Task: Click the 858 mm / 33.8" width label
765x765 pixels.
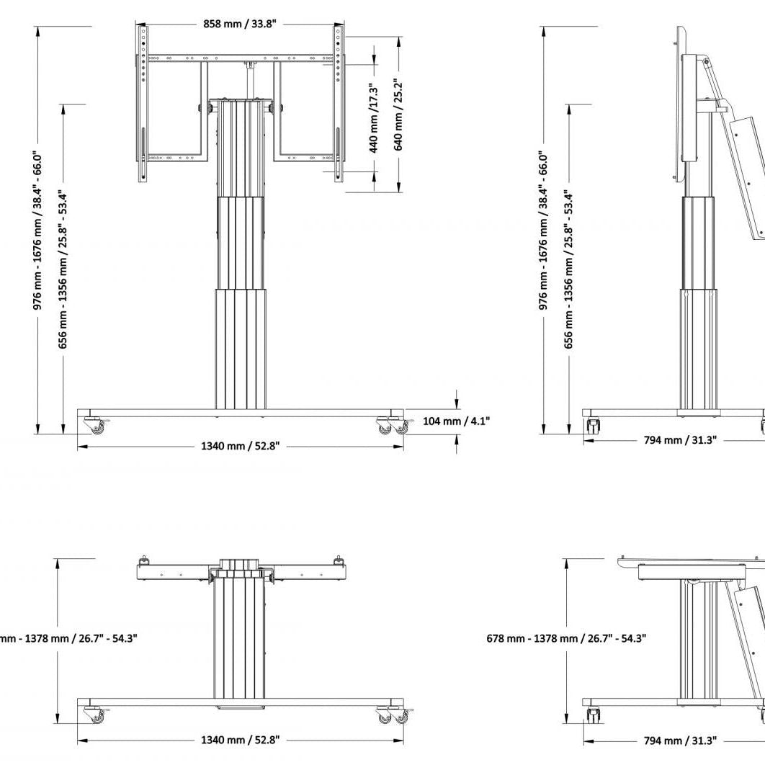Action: (242, 24)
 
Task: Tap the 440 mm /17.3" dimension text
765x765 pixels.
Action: (374, 119)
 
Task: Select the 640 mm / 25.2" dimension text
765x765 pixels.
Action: (398, 115)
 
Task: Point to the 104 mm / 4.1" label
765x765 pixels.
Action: (456, 421)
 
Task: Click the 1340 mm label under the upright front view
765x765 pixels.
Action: (240, 447)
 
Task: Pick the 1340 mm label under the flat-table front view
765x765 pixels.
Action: (240, 740)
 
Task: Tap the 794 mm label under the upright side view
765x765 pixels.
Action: (680, 440)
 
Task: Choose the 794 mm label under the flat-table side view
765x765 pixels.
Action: (680, 740)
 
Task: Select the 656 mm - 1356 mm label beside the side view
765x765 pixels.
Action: (569, 269)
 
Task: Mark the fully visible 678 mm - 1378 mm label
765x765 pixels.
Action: (566, 637)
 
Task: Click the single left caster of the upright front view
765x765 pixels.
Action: (94, 426)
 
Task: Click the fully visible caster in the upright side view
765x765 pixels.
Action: (593, 426)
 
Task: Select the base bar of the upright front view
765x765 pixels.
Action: (240, 413)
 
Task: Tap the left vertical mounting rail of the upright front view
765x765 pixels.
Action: (143, 101)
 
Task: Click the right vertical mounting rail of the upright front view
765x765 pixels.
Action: (337, 101)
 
